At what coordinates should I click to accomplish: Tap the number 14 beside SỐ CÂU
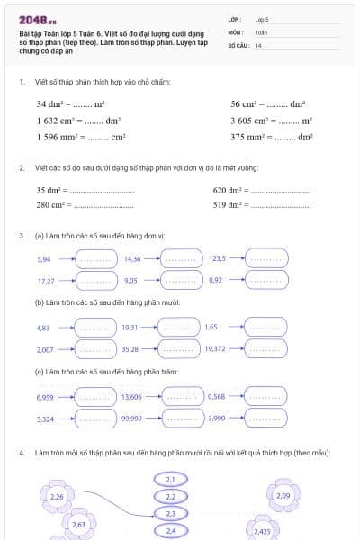pos(258,45)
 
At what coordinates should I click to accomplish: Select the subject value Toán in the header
pos(261,31)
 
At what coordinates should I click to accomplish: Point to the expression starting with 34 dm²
pos(70,104)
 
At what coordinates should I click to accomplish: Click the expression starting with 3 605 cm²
pos(271,121)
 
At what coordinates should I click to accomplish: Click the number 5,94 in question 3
pos(44,258)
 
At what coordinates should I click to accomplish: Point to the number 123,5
pos(217,258)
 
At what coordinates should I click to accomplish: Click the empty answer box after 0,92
pos(267,281)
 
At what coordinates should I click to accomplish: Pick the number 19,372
pos(215,348)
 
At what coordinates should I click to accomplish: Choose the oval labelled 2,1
pos(171,480)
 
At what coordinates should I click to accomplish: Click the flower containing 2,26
pos(57,496)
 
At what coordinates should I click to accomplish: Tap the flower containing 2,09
pos(283,495)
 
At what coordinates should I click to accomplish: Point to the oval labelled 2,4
pos(171,530)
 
